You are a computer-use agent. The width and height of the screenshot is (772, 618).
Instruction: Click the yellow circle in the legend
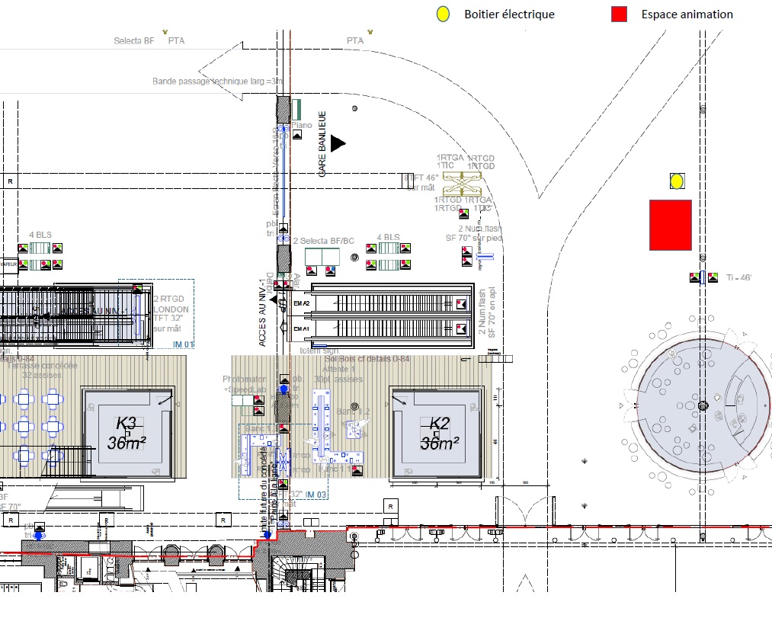point(442,14)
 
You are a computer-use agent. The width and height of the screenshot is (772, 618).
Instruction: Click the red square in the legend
point(619,14)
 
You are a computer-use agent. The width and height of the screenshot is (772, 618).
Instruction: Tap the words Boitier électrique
point(509,14)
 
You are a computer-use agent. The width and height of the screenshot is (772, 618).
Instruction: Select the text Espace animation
point(687,14)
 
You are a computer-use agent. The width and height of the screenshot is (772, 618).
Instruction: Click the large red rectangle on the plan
point(671,225)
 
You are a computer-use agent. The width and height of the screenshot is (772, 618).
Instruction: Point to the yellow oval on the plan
point(676,181)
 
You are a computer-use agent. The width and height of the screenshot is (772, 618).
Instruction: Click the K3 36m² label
point(127,433)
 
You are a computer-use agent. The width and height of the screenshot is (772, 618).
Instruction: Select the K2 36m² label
point(440,434)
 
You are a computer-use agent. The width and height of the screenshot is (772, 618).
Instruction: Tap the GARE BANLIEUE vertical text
point(322,144)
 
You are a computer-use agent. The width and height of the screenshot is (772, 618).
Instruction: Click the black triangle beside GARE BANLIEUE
point(338,142)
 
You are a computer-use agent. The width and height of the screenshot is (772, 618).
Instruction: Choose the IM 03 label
point(316,495)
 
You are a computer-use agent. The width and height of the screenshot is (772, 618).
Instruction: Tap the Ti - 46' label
point(739,278)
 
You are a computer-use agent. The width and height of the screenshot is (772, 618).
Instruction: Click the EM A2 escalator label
point(302,303)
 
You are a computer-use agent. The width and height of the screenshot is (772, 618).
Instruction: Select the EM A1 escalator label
point(302,329)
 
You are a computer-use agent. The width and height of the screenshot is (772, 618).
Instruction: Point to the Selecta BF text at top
point(133,40)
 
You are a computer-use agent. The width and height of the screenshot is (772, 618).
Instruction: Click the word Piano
point(302,125)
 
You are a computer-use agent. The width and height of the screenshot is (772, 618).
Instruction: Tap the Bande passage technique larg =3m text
point(217,81)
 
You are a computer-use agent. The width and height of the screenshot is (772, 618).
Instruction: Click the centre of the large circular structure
point(703,405)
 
